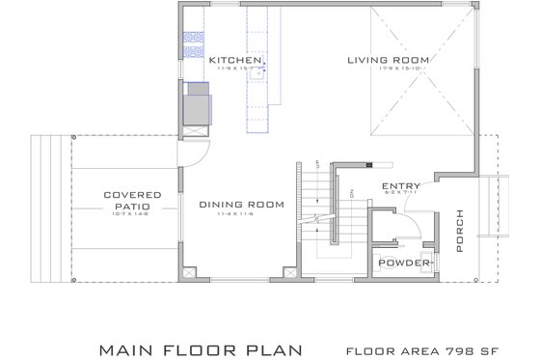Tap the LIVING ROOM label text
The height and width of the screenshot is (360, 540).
(388, 61)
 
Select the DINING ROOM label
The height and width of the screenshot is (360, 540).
(241, 205)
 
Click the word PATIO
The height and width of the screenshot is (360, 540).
(131, 205)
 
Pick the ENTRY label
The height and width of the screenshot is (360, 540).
(400, 186)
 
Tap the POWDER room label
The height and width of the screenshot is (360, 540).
(403, 262)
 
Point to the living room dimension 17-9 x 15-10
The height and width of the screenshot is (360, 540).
(388, 69)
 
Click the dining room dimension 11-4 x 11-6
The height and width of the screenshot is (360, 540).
(241, 213)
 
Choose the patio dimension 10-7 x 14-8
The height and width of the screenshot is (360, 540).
(131, 213)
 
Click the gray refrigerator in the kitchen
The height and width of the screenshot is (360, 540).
(198, 103)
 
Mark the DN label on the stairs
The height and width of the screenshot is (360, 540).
(354, 193)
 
